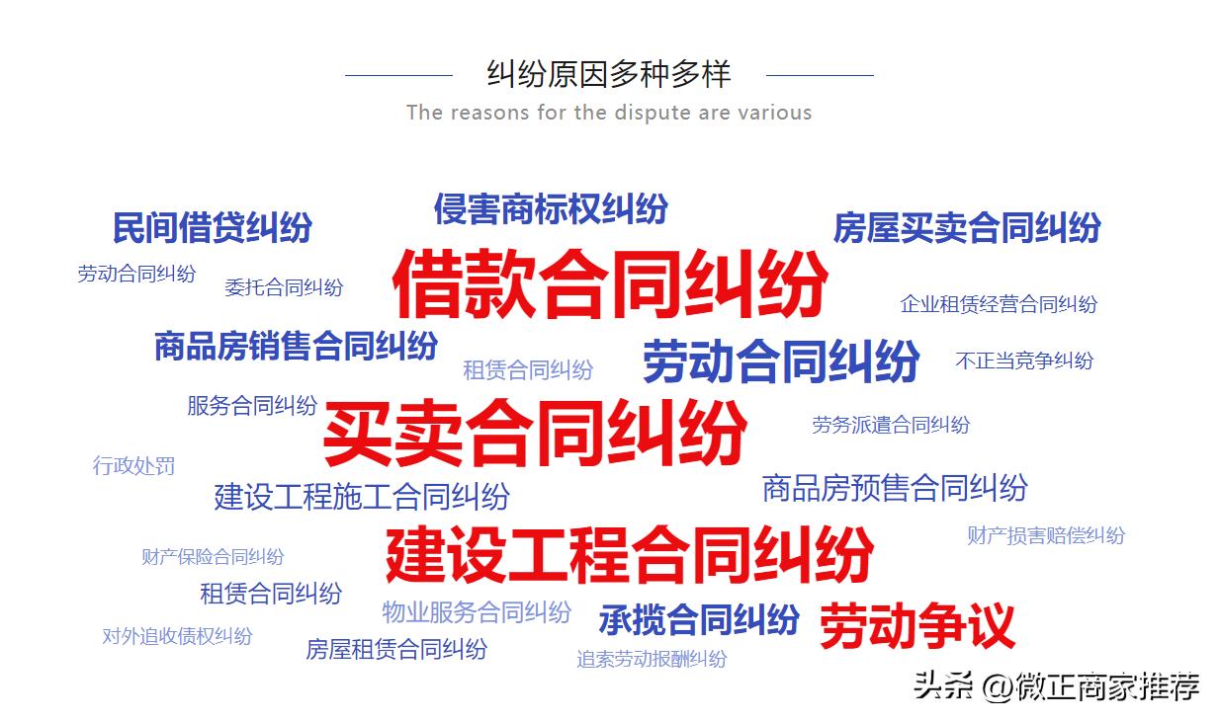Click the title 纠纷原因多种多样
coord(609,74)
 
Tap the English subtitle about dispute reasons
coord(609,113)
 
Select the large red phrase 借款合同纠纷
coord(610,282)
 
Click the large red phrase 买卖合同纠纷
coord(535,433)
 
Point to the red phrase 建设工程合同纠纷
coord(630,554)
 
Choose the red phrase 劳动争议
coord(916,626)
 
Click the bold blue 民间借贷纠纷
coord(212,228)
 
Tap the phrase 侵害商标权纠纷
coord(551,208)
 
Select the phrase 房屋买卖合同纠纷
coord(966,228)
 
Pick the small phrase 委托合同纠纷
coord(284,287)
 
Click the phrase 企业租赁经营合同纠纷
coord(998,304)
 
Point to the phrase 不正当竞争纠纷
coord(1024,361)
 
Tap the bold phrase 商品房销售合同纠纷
coord(296,347)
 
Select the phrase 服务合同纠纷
coord(252,405)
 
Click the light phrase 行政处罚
coord(133,465)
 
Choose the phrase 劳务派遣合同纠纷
coord(890,425)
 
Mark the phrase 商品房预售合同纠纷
coord(895,488)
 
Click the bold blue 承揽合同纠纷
coord(698,620)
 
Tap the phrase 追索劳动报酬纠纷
coord(652,659)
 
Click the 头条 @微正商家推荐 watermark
coord(1056,684)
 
